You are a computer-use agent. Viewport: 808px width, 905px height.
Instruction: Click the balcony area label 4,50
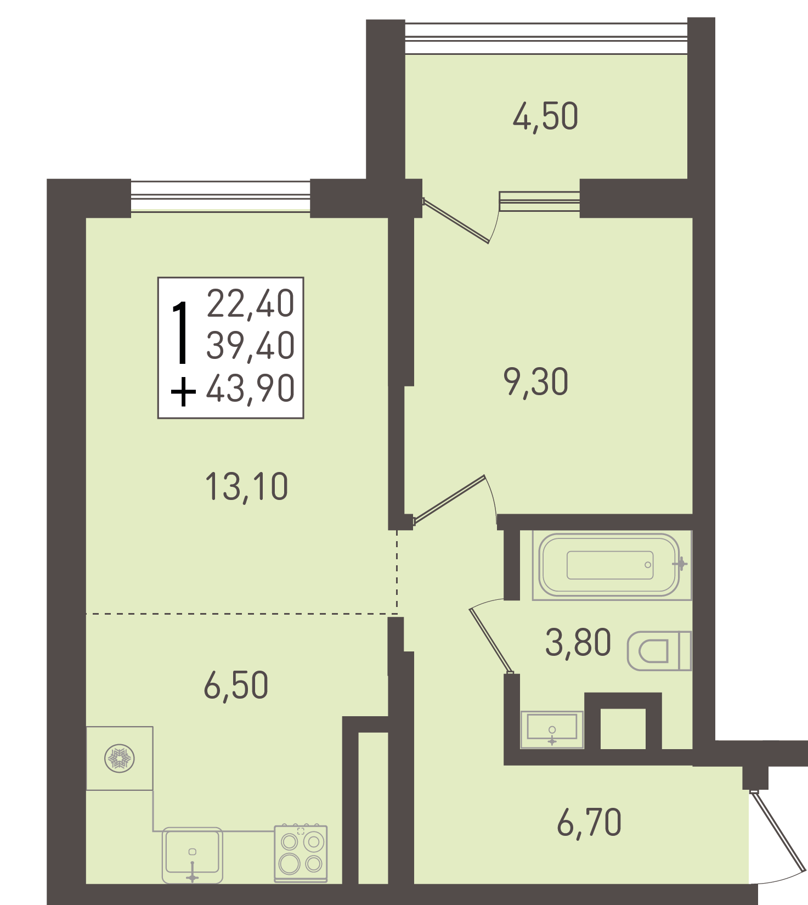[x=545, y=116]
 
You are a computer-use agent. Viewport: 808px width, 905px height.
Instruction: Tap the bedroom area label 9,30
[x=536, y=382]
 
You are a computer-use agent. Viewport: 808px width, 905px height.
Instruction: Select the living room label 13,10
[x=246, y=487]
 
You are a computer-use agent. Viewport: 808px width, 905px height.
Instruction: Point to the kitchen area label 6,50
[x=236, y=685]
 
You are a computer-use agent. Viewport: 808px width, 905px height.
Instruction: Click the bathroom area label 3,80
[x=578, y=643]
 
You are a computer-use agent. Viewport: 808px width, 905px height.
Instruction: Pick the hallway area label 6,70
[x=589, y=823]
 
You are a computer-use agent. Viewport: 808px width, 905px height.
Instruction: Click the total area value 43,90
[x=251, y=389]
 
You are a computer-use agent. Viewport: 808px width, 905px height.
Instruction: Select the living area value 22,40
[x=251, y=303]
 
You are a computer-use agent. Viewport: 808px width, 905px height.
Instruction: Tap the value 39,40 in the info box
[x=251, y=346]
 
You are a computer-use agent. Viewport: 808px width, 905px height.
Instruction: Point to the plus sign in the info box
[x=183, y=391]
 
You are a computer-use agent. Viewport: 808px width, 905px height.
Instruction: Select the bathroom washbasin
[x=552, y=729]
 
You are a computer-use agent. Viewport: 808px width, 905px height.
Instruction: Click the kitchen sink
[x=193, y=855]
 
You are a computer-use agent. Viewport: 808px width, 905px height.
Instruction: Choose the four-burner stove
[x=301, y=853]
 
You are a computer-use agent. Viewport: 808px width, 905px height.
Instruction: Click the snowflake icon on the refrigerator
[x=120, y=759]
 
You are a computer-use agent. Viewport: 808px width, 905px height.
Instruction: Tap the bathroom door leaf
[x=491, y=640]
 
